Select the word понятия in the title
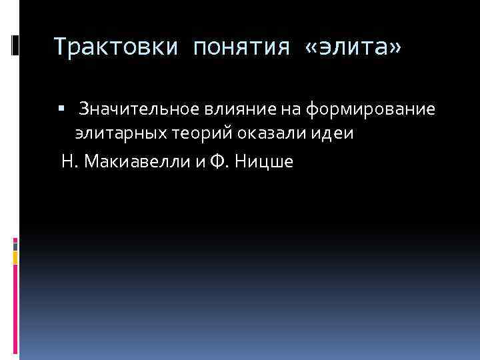click(x=241, y=47)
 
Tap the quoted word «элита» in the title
click(x=353, y=47)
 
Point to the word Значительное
click(x=137, y=109)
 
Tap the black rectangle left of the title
click(x=15, y=45)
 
